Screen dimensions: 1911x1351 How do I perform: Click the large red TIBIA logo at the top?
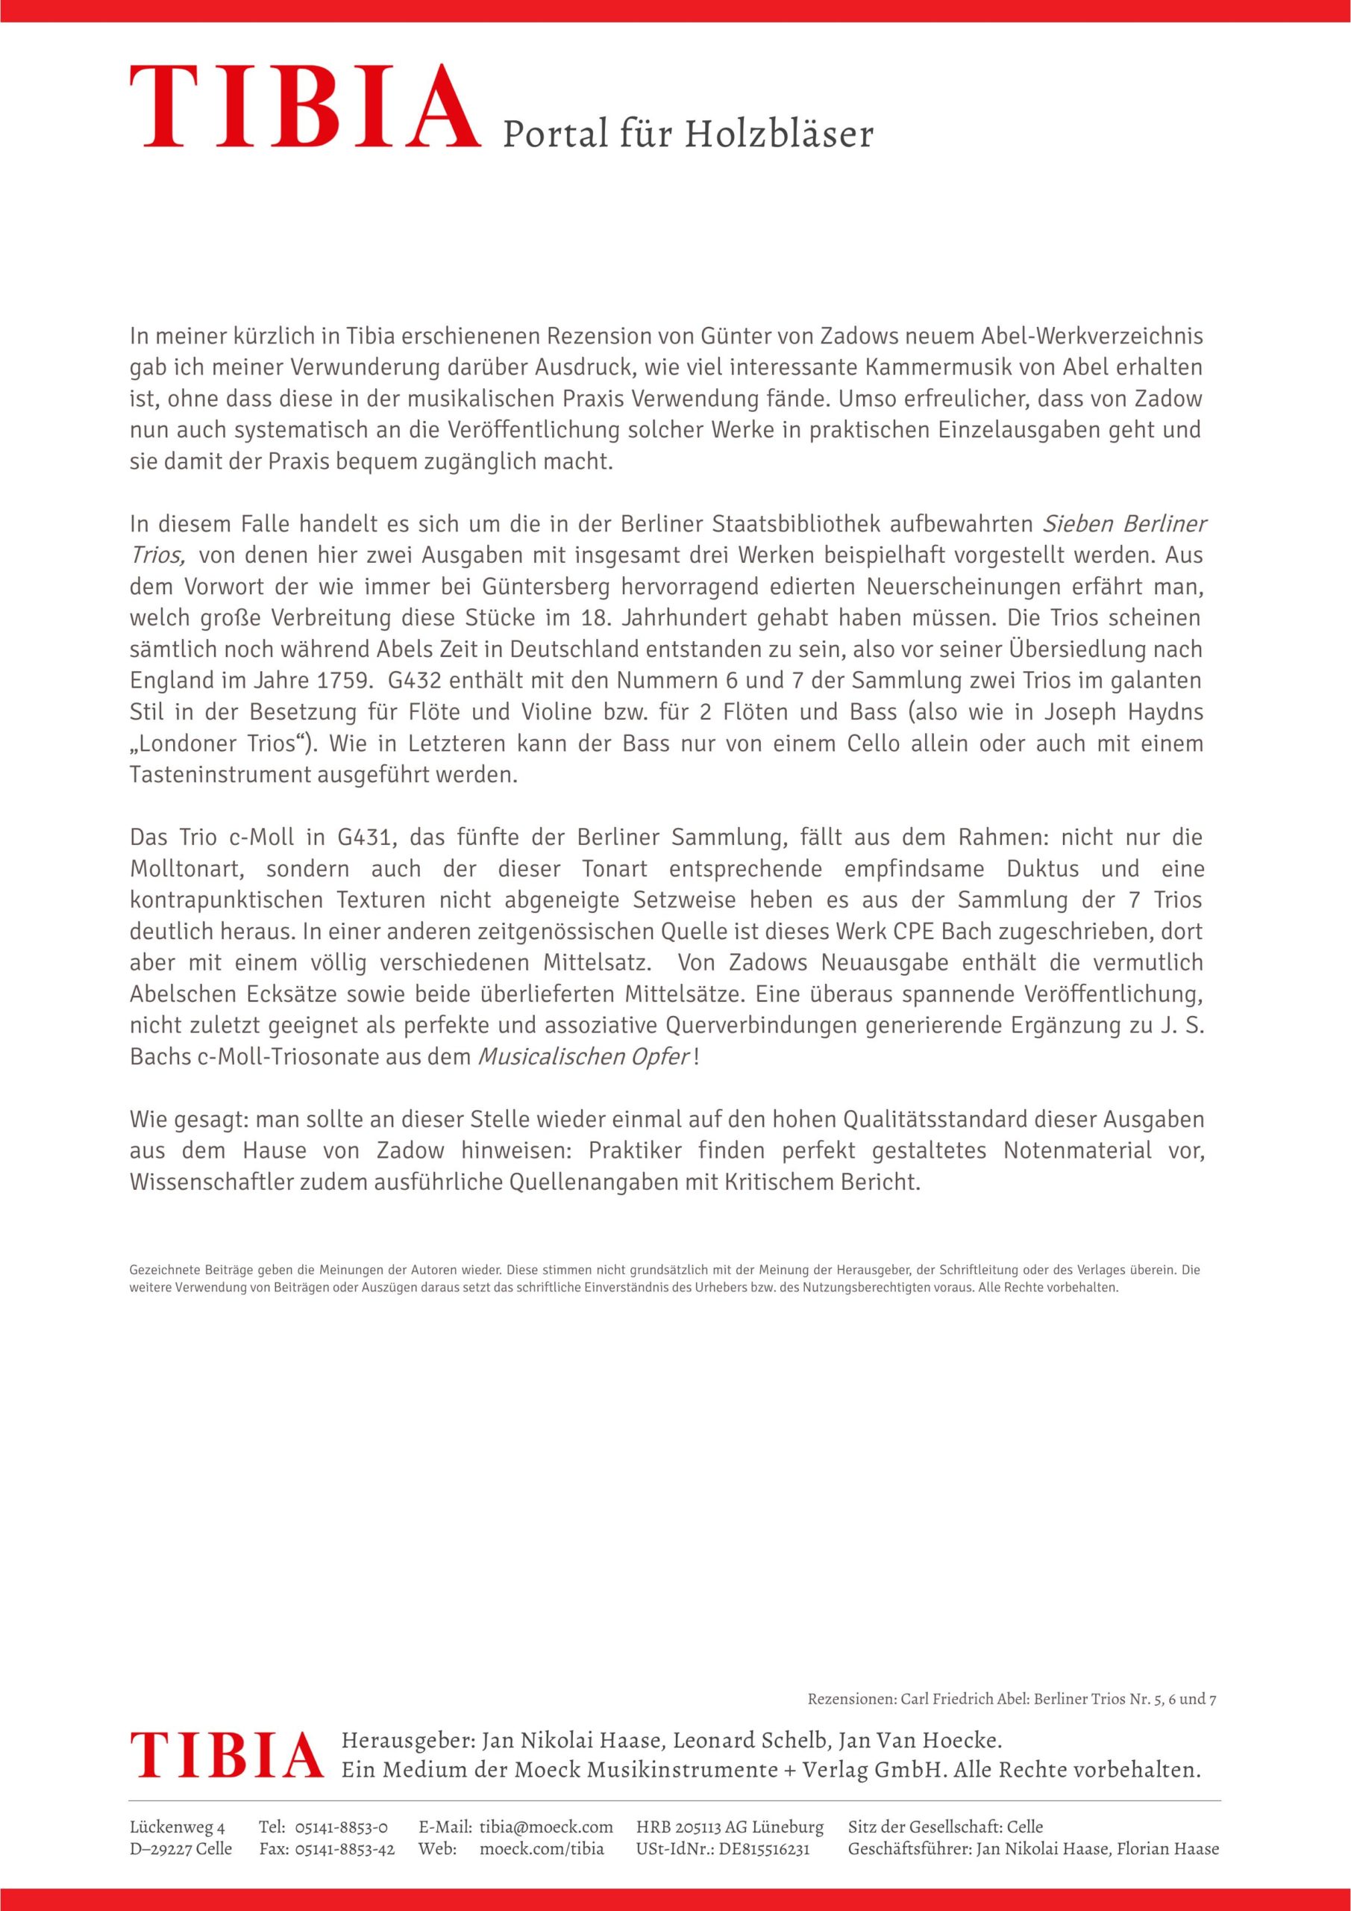304,108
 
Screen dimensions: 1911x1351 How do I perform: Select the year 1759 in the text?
340,680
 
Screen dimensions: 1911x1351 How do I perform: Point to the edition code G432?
418,680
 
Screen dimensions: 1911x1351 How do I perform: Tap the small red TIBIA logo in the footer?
225,1753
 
